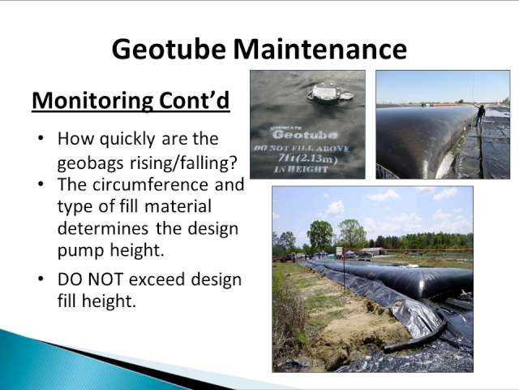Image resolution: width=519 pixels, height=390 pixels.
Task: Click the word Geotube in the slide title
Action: tap(169, 49)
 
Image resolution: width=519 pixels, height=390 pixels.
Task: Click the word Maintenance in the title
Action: tap(320, 49)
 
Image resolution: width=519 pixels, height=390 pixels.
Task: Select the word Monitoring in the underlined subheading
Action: tap(92, 101)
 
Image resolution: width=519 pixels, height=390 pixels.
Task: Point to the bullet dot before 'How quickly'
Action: tap(41, 138)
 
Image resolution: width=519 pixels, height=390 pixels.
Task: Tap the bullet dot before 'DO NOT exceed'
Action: tap(41, 279)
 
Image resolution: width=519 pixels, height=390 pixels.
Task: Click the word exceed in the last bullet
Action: tap(157, 279)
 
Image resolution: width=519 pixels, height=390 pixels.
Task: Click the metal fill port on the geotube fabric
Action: tap(330, 93)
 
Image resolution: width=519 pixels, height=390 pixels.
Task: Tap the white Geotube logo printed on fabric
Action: tap(305, 134)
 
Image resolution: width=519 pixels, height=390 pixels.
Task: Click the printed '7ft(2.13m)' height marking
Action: tap(308, 158)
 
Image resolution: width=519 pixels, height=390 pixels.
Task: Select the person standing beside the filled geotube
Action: tap(480, 116)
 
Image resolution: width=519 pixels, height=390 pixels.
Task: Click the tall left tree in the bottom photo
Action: tap(320, 236)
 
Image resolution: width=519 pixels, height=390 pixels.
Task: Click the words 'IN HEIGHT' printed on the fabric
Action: tap(301, 169)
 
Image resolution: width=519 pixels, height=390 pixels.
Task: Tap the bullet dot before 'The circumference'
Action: tap(41, 184)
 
